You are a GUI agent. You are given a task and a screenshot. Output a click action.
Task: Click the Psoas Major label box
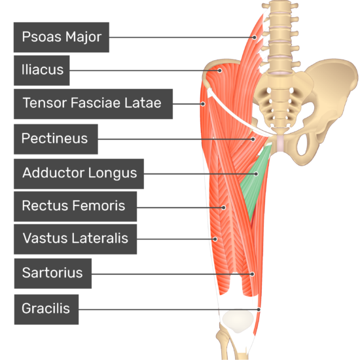[x=62, y=37]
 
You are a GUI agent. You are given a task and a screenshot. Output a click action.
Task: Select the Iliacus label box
[x=41, y=71]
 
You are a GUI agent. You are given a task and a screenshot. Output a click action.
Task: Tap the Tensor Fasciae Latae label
[x=93, y=104]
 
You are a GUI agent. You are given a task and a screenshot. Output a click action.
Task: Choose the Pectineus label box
[x=56, y=139]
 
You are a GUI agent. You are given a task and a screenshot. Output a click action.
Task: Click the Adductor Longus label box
[x=79, y=174]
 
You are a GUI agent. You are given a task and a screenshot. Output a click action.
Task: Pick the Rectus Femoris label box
[x=75, y=207]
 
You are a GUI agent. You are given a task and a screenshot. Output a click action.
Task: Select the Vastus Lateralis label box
[x=75, y=239]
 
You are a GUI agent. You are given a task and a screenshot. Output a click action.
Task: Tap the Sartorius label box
[x=53, y=274]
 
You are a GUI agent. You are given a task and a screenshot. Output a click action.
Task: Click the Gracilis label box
[x=46, y=310]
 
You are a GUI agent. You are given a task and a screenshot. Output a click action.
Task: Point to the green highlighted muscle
[x=255, y=181]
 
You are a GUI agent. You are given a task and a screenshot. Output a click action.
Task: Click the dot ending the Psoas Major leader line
[x=255, y=37]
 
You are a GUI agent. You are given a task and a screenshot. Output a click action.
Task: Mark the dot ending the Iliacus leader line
[x=220, y=71]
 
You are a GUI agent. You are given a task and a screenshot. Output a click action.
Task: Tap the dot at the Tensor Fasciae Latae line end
[x=203, y=104]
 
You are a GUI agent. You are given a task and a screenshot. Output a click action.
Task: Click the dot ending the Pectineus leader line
[x=253, y=139]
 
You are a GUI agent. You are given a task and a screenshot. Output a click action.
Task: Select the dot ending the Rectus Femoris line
[x=223, y=207]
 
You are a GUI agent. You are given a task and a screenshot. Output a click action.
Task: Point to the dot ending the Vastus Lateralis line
[x=215, y=239]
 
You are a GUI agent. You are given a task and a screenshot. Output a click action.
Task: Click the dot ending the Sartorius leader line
[x=252, y=274]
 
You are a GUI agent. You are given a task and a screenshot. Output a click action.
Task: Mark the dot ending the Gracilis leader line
[x=259, y=310]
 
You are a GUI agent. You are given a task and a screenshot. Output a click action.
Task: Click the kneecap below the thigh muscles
[x=238, y=321]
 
